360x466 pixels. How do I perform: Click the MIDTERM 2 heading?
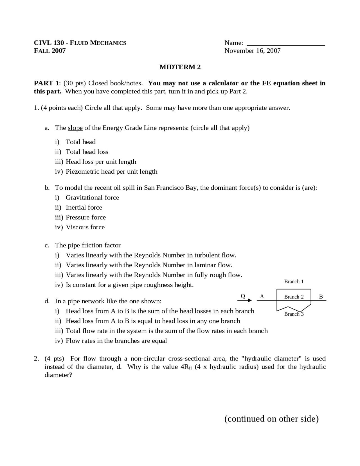click(180, 67)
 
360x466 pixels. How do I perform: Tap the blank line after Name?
click(285, 44)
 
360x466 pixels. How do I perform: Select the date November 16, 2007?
click(252, 51)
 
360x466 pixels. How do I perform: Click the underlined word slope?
click(75, 128)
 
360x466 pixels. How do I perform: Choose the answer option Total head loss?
click(87, 152)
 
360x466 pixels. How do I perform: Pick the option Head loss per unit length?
click(101, 162)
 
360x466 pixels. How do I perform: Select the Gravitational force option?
click(92, 198)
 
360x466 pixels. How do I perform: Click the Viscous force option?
click(85, 227)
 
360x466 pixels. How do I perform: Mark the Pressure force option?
click(85, 218)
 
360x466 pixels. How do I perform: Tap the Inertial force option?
click(84, 208)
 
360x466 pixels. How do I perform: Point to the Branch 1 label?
click(294, 282)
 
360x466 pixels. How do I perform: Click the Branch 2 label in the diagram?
click(294, 297)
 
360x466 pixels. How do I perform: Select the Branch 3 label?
click(294, 314)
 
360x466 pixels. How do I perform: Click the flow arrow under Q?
click(245, 301)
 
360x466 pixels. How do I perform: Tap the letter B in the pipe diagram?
click(321, 297)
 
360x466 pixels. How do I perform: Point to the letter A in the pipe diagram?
click(262, 296)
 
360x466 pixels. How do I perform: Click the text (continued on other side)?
click(271, 419)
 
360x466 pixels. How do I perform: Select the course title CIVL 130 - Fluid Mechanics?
click(80, 43)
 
